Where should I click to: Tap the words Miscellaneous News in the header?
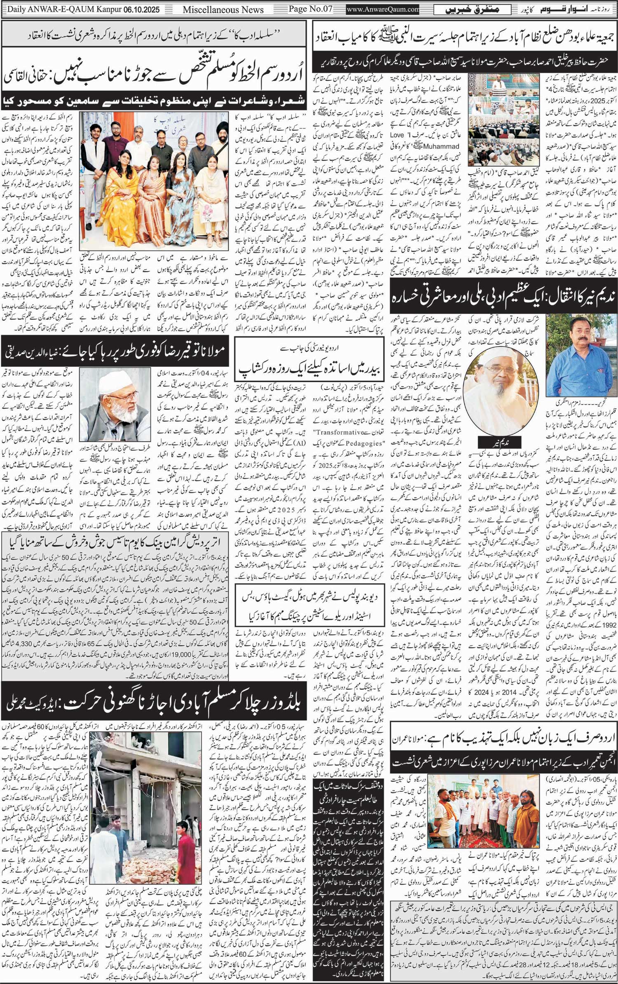pos(223,10)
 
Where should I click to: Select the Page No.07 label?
pos(310,9)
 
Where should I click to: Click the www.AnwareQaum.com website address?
pos(382,9)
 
